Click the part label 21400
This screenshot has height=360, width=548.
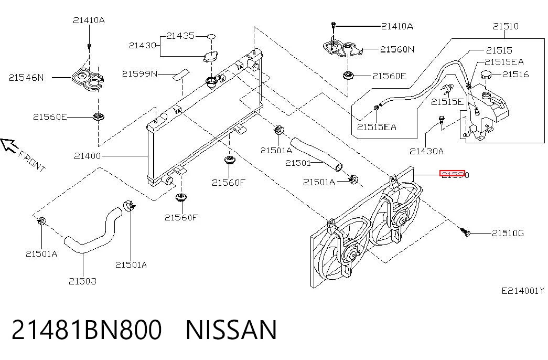tap(88, 156)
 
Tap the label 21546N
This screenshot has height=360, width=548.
tap(27, 78)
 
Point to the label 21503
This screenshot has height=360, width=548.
tap(82, 281)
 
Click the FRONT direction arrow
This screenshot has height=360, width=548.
tap(9, 145)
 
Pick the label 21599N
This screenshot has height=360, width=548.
tap(140, 74)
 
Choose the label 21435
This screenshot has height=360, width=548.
tap(180, 36)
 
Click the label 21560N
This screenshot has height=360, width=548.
tap(397, 49)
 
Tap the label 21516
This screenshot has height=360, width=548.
tap(515, 74)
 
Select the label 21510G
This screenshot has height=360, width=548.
tap(508, 233)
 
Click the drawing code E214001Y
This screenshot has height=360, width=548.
tap(523, 291)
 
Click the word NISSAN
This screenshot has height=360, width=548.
tap(231, 330)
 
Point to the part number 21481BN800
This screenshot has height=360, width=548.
tap(87, 330)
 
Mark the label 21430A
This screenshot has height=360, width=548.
tap(426, 151)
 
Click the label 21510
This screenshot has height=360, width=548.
tap(506, 26)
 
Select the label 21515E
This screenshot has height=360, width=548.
tap(447, 102)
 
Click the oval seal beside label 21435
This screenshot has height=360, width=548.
tap(211, 36)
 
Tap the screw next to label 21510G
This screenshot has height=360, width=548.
tap(466, 232)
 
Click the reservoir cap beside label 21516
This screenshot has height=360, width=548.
tap(486, 75)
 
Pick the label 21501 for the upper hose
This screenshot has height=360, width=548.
tap(298, 163)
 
